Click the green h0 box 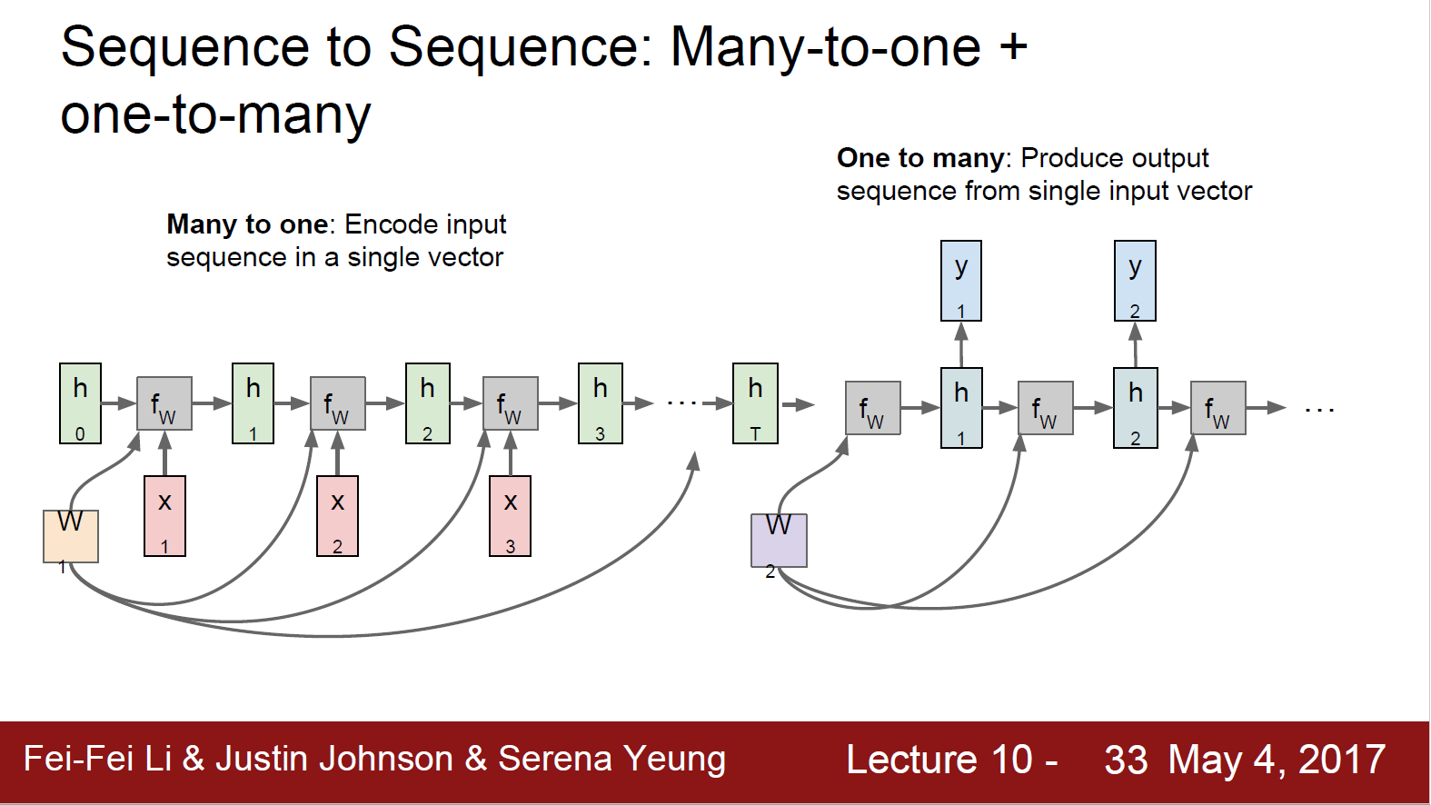[x=80, y=403]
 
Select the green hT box [x=755, y=403]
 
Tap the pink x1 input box [x=164, y=516]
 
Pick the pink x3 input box [x=511, y=516]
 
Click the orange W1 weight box [x=71, y=537]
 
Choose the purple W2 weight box [x=779, y=541]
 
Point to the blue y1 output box [x=961, y=281]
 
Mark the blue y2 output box [x=1135, y=281]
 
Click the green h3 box [x=601, y=403]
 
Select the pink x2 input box [x=337, y=516]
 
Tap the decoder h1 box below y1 [x=961, y=408]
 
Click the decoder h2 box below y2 [x=1135, y=408]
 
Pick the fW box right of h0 [x=164, y=403]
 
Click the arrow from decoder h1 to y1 [x=961, y=344]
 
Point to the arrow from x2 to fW [x=337, y=452]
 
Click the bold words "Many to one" [x=247, y=224]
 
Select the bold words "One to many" [x=920, y=158]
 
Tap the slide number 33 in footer [x=1126, y=760]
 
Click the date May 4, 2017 [x=1277, y=760]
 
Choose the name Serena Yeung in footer [x=611, y=760]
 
